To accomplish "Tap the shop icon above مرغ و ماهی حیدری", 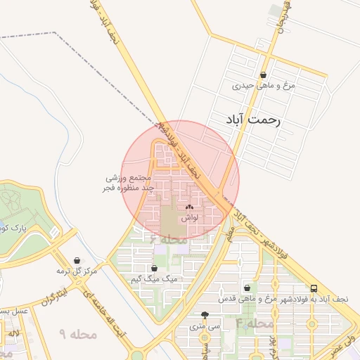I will (x=263, y=75).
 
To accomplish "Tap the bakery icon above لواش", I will (x=188, y=207).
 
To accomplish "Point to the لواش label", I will (x=189, y=219).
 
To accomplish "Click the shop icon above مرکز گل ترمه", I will (x=77, y=259).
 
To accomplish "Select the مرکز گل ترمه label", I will (x=78, y=271).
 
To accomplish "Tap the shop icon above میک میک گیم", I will (x=155, y=268).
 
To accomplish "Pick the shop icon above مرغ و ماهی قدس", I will (x=247, y=288).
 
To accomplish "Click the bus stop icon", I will (x=314, y=288).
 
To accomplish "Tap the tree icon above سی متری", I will (x=205, y=315).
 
